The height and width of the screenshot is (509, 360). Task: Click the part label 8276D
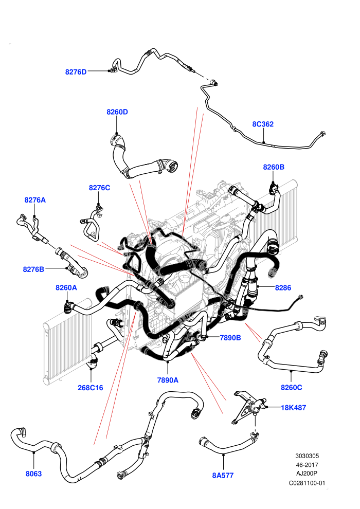[76, 72]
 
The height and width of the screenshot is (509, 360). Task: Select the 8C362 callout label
[263, 124]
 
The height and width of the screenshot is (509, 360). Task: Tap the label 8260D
[117, 112]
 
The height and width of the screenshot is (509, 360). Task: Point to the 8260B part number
[274, 167]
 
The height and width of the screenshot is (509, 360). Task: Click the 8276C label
[99, 188]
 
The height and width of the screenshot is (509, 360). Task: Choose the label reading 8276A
[35, 200]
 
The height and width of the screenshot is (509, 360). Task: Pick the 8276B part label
[33, 269]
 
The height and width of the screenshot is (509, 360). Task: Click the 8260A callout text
[66, 287]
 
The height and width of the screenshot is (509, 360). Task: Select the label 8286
[283, 287]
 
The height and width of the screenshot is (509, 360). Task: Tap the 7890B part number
[230, 338]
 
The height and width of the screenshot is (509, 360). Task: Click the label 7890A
[168, 380]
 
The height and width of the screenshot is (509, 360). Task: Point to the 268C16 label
[90, 388]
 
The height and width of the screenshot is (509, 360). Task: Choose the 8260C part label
[292, 387]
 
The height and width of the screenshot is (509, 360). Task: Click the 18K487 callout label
[294, 408]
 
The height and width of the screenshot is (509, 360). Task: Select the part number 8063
[34, 474]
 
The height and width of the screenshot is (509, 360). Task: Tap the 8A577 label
[223, 475]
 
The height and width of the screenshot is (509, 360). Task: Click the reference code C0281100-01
[307, 483]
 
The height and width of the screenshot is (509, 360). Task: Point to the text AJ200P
[307, 474]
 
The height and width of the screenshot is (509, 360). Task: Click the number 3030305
[307, 456]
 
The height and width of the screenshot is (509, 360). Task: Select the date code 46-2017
[307, 465]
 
